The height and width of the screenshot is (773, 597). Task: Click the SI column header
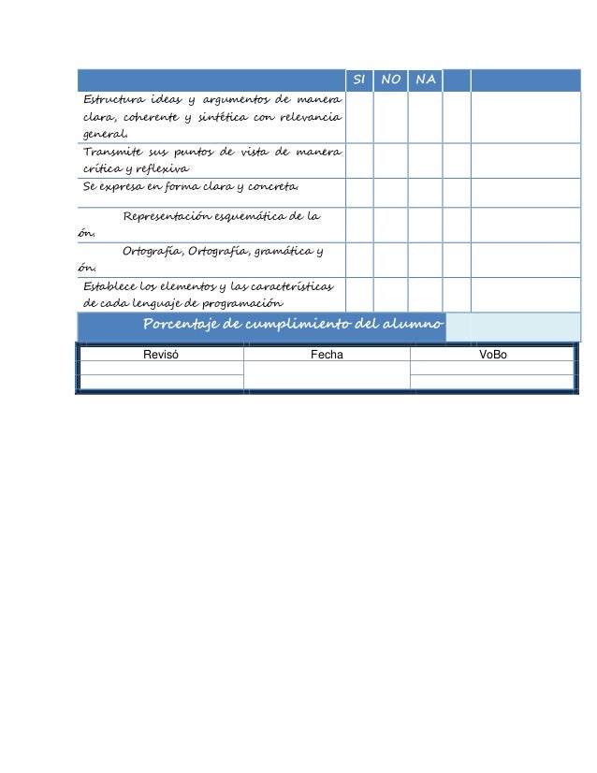[359, 80]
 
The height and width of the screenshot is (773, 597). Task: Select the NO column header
[391, 80]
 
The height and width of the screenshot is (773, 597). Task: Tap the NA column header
[425, 80]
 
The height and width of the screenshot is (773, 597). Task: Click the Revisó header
[160, 356]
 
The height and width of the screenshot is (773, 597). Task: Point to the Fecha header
[327, 356]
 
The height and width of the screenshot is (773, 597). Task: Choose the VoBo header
[492, 356]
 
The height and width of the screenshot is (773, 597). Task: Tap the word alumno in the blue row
[416, 325]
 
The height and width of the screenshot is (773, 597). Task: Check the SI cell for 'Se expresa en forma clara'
[359, 192]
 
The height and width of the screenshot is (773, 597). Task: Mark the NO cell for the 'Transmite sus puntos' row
[391, 160]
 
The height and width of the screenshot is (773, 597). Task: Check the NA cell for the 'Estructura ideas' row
[425, 117]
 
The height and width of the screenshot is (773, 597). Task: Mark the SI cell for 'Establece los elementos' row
[359, 294]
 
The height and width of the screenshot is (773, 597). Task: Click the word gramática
[284, 251]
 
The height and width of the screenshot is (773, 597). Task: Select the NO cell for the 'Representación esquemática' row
[391, 225]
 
